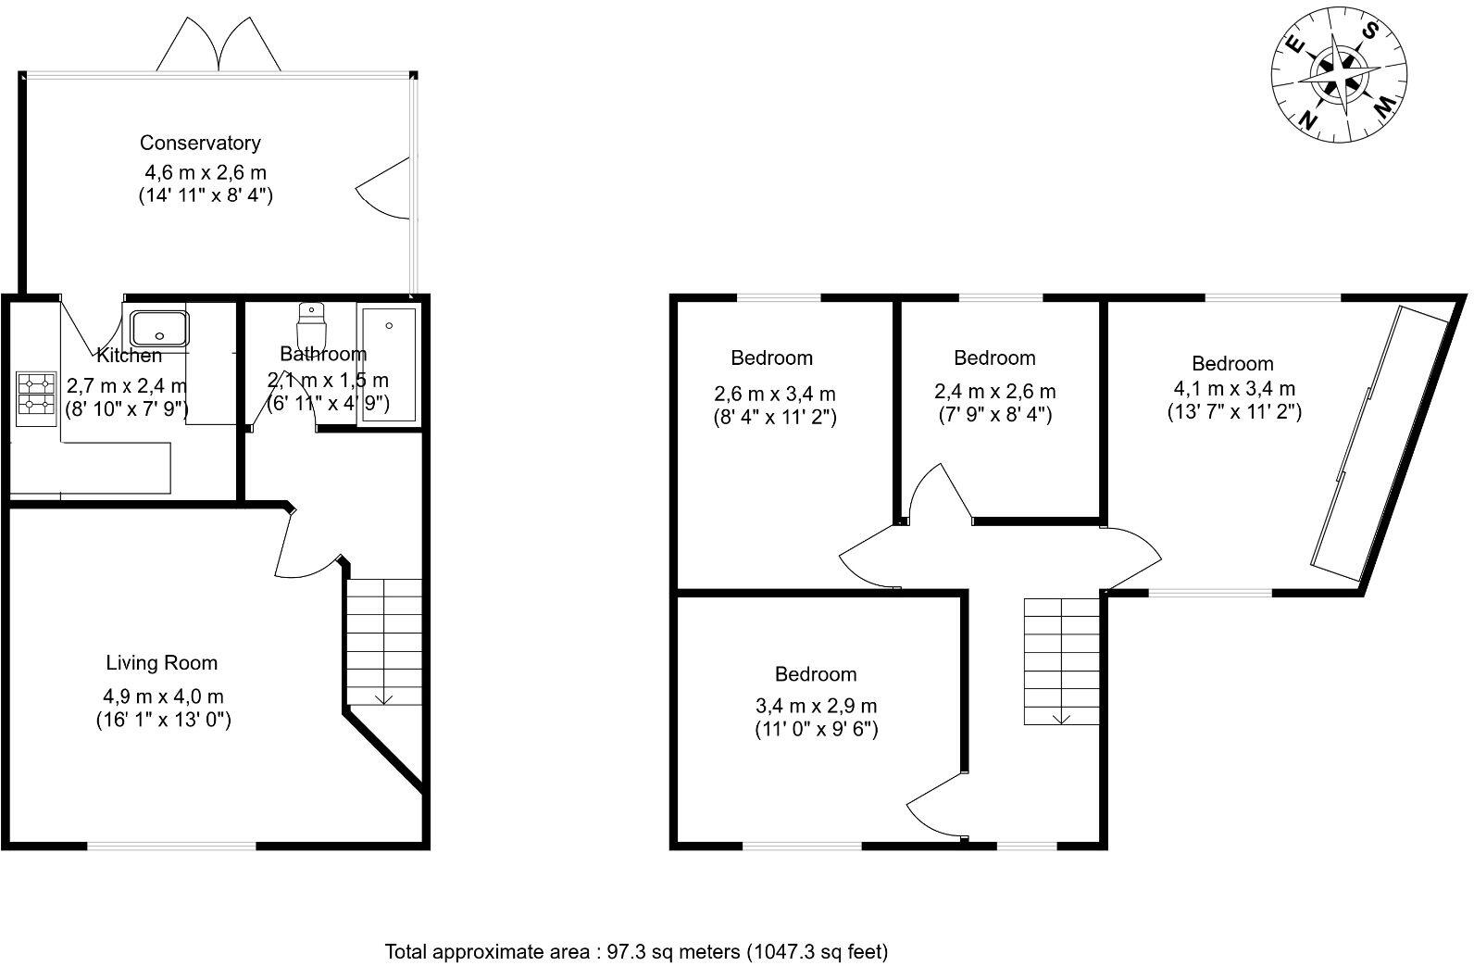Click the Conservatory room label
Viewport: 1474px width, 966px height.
[x=200, y=143]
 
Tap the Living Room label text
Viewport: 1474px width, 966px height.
[x=162, y=663]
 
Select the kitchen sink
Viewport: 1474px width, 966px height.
[x=159, y=328]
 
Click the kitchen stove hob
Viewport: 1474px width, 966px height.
[x=36, y=394]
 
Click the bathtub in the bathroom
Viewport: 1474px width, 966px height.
[x=388, y=366]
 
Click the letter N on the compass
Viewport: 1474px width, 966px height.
[x=1309, y=118]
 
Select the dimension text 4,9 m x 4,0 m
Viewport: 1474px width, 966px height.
[x=164, y=696]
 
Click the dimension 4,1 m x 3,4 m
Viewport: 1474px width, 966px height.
[x=1233, y=389]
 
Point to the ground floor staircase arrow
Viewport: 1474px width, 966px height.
[x=384, y=697]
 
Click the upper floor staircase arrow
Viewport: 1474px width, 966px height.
[x=1061, y=716]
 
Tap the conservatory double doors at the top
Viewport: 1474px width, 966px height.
[x=219, y=46]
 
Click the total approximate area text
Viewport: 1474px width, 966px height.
[x=637, y=951]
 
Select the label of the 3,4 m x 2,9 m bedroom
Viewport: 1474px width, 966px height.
[x=816, y=674]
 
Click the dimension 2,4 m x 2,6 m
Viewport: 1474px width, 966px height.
[x=994, y=392]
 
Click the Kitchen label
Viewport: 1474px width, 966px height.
[x=129, y=356]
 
